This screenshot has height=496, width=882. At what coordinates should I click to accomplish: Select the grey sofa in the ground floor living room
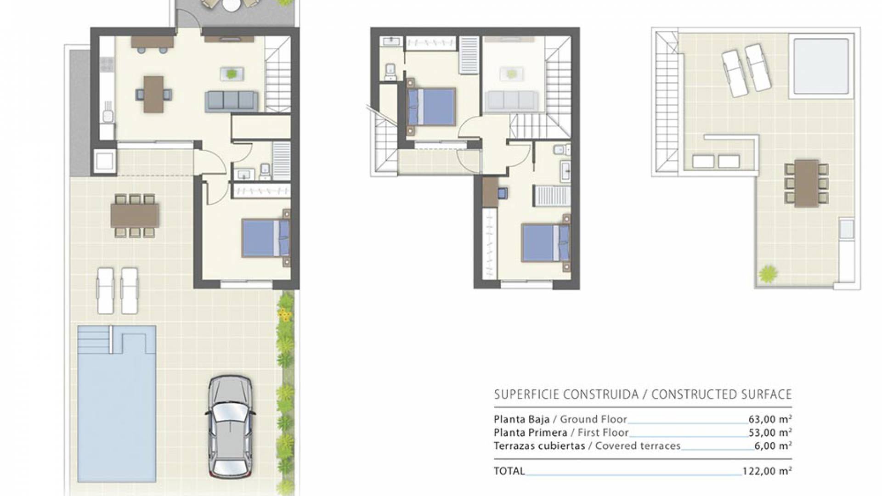pos(231,101)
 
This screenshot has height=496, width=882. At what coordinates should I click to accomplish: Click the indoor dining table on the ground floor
pos(153,94)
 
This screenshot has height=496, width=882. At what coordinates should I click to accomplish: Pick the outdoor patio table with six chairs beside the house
pos(135,215)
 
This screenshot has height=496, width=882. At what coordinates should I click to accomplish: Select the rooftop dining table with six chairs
pos(806,183)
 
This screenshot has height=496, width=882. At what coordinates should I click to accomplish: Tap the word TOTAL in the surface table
pos(509,471)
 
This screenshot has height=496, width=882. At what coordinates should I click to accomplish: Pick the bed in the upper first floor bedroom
pos(432,107)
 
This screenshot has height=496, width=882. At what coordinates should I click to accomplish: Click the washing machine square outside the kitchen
pos(105,161)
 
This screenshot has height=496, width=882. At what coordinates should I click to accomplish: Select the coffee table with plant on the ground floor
pos(232,73)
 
